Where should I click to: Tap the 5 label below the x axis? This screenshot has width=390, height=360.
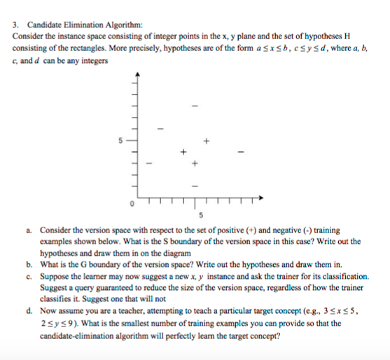(x=200, y=214)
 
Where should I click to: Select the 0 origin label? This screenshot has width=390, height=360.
(x=129, y=204)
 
